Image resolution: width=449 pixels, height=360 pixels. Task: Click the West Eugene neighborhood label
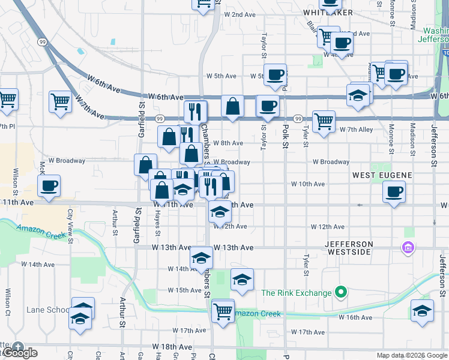click(x=382, y=175)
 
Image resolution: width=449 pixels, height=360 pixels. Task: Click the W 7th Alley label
click(x=356, y=130)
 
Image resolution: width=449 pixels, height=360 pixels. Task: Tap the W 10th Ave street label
click(x=308, y=184)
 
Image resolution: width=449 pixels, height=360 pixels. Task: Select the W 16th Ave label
click(x=355, y=317)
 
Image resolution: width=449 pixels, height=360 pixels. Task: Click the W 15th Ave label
click(x=184, y=290)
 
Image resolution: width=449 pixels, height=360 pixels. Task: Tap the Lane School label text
click(x=48, y=310)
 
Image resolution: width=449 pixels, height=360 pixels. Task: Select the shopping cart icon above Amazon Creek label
click(x=223, y=310)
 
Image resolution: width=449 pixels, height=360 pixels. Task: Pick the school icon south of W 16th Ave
click(x=422, y=311)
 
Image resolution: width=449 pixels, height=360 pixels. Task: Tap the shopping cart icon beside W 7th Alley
click(x=324, y=121)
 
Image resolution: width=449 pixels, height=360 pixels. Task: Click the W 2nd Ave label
click(x=240, y=14)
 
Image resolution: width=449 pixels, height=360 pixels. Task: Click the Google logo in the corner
click(x=20, y=353)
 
